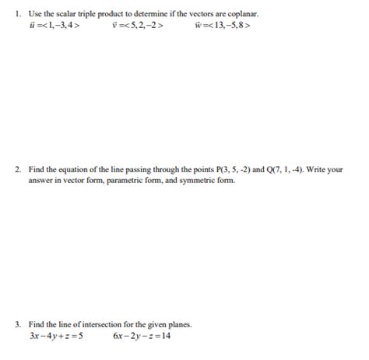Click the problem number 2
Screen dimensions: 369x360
(x=17, y=168)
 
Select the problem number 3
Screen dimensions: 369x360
(x=17, y=324)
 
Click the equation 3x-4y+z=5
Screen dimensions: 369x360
(x=55, y=336)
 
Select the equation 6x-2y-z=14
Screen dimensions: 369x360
(x=142, y=336)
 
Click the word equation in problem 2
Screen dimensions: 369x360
(x=70, y=168)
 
